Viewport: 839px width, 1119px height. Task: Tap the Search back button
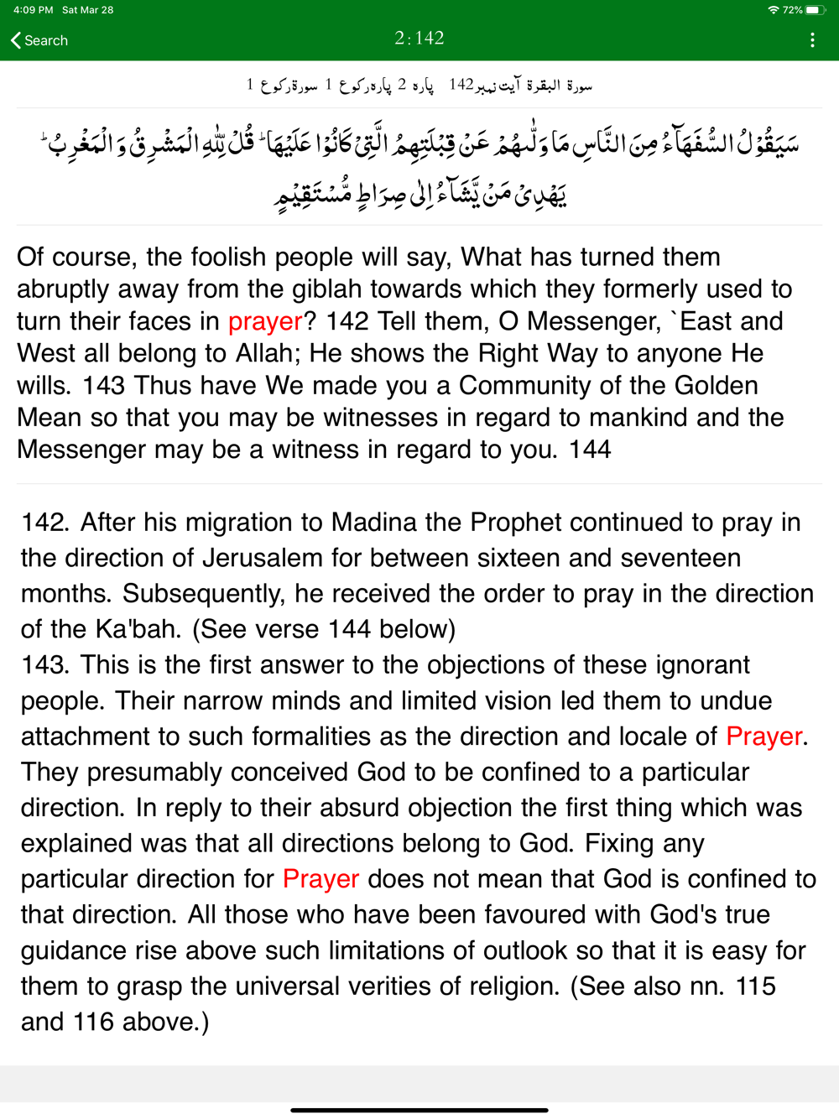coord(39,40)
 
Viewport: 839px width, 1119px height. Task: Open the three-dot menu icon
coord(812,40)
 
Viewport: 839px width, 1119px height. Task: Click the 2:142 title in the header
coord(419,39)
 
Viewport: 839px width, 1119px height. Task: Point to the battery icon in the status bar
coord(814,10)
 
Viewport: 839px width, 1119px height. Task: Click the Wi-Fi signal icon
coord(773,10)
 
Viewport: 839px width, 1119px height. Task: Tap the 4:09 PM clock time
coord(33,10)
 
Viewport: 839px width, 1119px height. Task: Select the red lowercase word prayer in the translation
coord(265,321)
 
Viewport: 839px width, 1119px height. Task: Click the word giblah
coord(329,289)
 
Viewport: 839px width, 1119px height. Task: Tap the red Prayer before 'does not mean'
coord(320,879)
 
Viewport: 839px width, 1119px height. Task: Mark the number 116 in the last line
coord(92,1022)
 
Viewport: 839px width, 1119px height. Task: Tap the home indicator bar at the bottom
coord(419,1110)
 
